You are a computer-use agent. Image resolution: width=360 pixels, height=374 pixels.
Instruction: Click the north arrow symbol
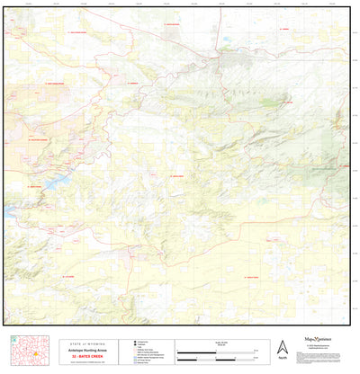pyautogui.click(x=283, y=346)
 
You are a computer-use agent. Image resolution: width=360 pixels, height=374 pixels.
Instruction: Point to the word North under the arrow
pyautogui.click(x=283, y=359)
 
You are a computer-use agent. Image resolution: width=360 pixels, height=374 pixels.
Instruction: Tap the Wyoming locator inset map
pyautogui.click(x=30, y=351)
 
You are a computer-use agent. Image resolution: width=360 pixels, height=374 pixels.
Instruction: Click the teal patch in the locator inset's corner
pyautogui.click(x=12, y=341)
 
